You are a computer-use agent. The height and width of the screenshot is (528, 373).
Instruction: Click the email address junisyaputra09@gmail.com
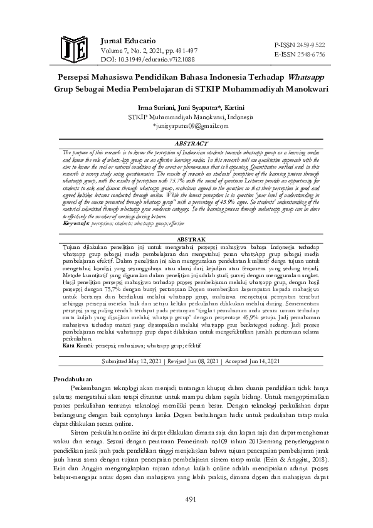(187, 125)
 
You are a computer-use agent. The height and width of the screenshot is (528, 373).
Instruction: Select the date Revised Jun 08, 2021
(196, 361)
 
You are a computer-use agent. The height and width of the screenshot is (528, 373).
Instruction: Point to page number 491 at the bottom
(187, 499)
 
